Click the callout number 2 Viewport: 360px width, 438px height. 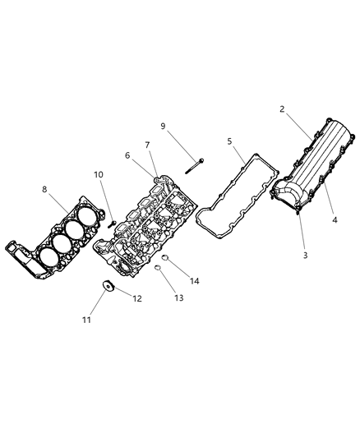282,108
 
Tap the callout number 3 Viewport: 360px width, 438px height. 305,256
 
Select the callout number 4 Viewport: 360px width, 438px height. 335,219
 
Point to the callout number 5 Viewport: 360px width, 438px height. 230,141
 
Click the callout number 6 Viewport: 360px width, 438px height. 128,155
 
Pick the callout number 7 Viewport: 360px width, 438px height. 147,145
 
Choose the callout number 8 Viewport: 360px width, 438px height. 44,189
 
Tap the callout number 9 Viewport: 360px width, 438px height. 163,126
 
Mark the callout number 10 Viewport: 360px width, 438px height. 98,174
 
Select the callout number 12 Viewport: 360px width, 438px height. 137,298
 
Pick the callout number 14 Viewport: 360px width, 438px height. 195,282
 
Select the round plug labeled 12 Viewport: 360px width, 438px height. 107,287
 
